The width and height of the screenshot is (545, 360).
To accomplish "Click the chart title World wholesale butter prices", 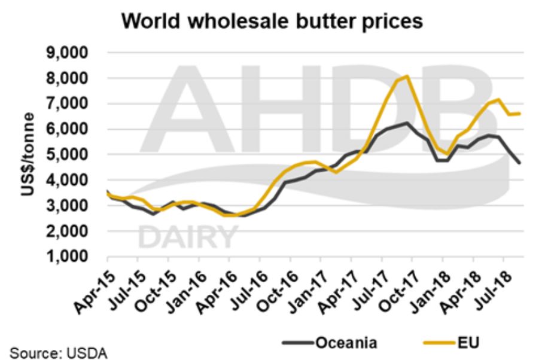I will tap(272, 22).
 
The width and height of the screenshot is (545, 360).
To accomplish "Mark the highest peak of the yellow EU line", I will tap(407, 76).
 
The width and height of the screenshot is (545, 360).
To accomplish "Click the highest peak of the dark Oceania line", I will tap(407, 123).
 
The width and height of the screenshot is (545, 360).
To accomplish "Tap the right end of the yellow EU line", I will tap(519, 114).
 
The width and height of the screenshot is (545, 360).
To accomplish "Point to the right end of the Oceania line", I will tap(519, 163).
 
